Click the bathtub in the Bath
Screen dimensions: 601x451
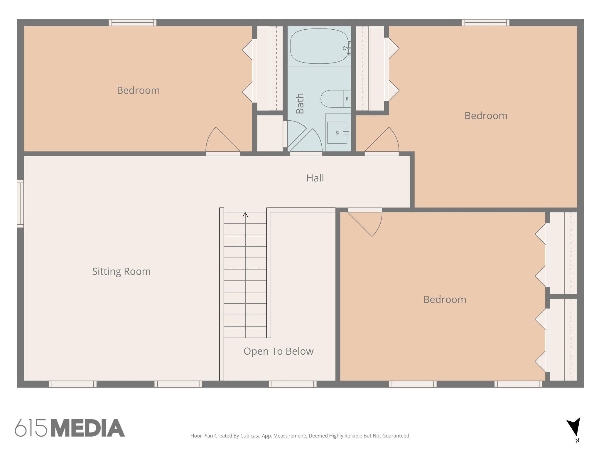coord(319,46)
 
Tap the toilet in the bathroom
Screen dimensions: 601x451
coord(335,99)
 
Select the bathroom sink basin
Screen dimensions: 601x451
coord(337,133)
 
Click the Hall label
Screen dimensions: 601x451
coord(315,178)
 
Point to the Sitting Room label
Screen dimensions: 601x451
coord(121,271)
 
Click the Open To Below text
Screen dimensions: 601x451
coord(278,351)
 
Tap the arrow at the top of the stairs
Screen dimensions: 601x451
coord(245,215)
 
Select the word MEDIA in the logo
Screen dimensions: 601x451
coord(88,428)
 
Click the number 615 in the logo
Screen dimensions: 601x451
coord(31,428)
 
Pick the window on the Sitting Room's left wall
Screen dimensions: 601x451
coord(20,203)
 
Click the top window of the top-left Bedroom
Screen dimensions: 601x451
coord(132,23)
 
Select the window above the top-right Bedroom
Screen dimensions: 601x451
coord(485,23)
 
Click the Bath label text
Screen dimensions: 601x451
coord(300,103)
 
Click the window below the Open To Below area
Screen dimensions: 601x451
coord(293,384)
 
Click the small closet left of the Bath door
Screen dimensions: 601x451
coord(270,133)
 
